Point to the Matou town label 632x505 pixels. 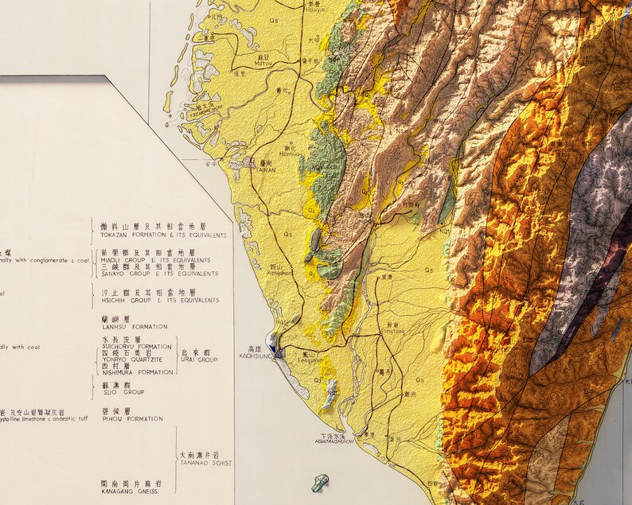[263, 64]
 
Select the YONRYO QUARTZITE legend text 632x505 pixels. [136, 359]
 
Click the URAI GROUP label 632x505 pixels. [197, 359]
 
